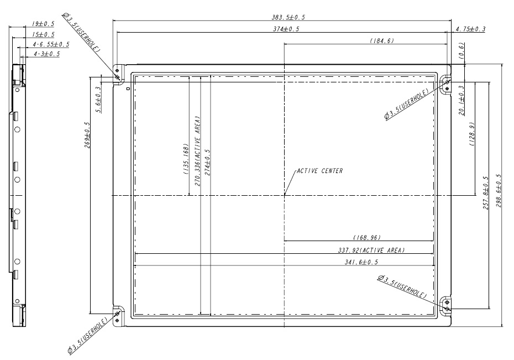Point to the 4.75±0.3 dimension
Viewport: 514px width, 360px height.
click(470, 29)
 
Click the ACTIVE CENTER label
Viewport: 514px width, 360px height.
click(320, 171)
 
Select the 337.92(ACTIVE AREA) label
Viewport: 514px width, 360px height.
click(371, 250)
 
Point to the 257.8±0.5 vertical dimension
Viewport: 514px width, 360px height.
click(485, 196)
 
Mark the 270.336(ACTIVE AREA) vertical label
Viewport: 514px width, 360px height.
click(197, 150)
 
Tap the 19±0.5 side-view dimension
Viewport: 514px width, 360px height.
click(43, 24)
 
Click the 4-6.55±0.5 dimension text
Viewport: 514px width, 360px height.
click(50, 44)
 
